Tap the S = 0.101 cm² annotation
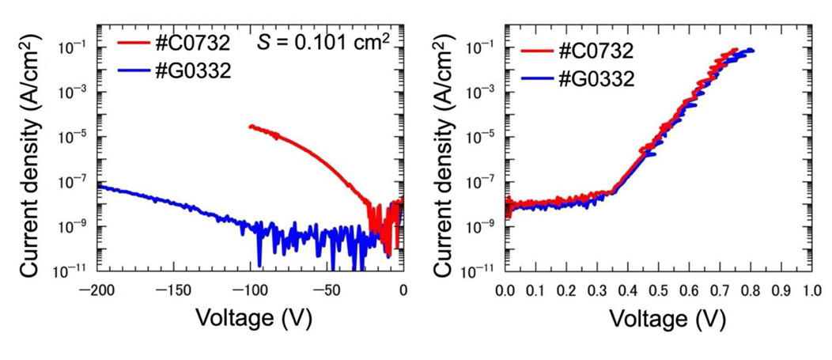pyautogui.click(x=323, y=42)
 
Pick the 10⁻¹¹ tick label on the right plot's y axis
pyautogui.click(x=480, y=271)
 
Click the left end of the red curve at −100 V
pyautogui.click(x=251, y=127)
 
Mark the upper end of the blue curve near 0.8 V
pyautogui.click(x=751, y=51)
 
